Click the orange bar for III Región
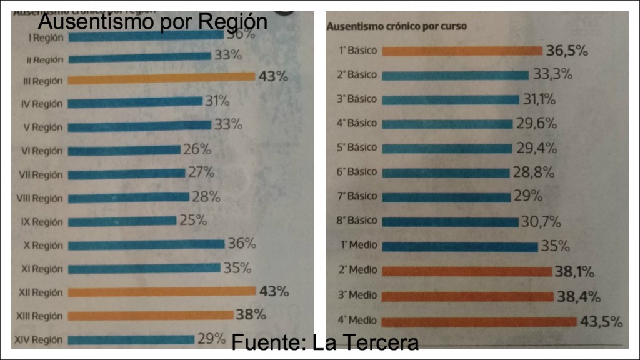pos(161,79)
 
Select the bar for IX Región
pos(122,221)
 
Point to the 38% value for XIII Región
pos(250,314)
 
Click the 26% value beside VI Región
pos(197,149)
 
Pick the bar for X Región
pos(146,244)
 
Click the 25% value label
pos(192,221)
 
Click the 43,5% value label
pos(601,322)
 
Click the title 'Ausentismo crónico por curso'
pos(397,26)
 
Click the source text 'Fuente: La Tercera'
pos(324,342)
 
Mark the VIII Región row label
pos(39,199)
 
